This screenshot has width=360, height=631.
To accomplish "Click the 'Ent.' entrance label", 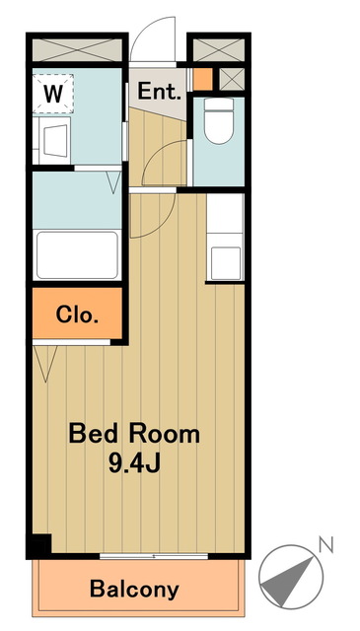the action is tap(159, 92).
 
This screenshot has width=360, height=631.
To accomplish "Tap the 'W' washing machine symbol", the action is tap(53, 94).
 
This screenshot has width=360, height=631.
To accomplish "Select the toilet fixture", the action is tap(219, 120).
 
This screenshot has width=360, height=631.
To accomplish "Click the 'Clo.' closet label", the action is tap(77, 315).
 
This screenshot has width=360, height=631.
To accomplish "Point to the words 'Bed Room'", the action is tap(134, 435).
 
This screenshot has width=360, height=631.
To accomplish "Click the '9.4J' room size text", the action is tap(135, 463).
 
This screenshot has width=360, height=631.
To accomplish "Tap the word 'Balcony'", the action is tap(134, 590).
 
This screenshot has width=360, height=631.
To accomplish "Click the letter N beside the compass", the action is tap(326, 545).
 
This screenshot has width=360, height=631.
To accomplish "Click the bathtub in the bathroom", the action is tap(77, 255).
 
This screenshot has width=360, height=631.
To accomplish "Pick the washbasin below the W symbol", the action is tap(55, 140).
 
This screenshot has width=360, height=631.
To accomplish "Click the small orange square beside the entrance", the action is tap(202, 79).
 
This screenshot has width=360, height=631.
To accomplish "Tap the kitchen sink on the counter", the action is tap(226, 263).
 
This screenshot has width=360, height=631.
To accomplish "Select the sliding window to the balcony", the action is tap(154, 556).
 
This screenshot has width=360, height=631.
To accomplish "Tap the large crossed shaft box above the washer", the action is tap(77, 50).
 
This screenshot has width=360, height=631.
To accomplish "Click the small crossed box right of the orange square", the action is tap(232, 79).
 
